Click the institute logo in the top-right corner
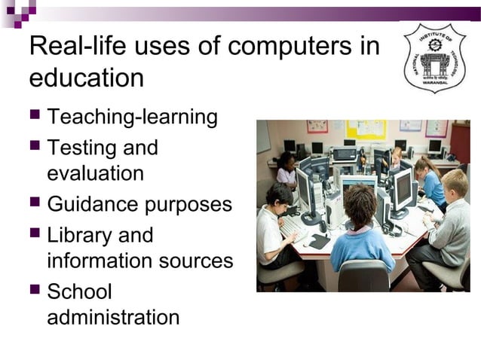coord(435,58)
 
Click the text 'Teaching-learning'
coord(132,117)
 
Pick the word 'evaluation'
coord(95,173)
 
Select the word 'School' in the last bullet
coord(79,291)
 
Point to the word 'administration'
coord(113,317)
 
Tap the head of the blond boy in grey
coord(455,184)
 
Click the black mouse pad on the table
coord(319,241)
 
